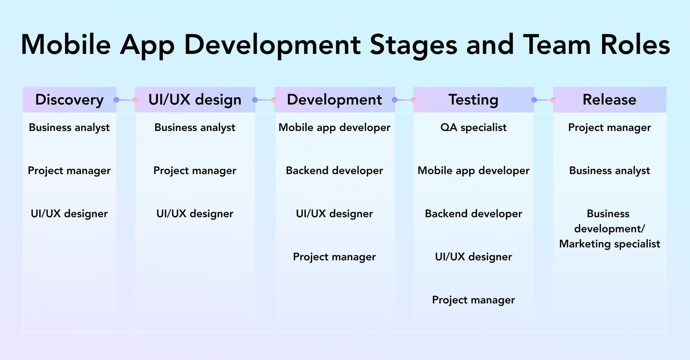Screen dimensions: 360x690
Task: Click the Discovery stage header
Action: pyautogui.click(x=69, y=100)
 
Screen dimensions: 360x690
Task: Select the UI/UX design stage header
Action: pyautogui.click(x=195, y=100)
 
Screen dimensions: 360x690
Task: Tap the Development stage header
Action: pyautogui.click(x=334, y=100)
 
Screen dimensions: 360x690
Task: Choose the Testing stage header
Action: pyautogui.click(x=474, y=100)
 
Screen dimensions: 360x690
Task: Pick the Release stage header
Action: pyautogui.click(x=609, y=100)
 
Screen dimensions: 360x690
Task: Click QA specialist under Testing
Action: pyautogui.click(x=474, y=128)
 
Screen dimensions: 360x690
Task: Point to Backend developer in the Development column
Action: pyautogui.click(x=334, y=171)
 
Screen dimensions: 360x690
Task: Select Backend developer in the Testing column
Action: pyautogui.click(x=474, y=214)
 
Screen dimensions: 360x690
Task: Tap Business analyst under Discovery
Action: pyautogui.click(x=69, y=128)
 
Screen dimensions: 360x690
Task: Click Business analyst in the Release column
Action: pyautogui.click(x=609, y=171)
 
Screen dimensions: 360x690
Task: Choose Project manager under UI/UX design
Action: pyautogui.click(x=195, y=171)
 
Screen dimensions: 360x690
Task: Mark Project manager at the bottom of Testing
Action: pyautogui.click(x=474, y=300)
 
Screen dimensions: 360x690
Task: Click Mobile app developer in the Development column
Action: pyautogui.click(x=334, y=128)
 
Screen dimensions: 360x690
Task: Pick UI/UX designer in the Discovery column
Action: pyautogui.click(x=69, y=214)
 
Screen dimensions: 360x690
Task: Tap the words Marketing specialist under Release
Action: pyautogui.click(x=609, y=244)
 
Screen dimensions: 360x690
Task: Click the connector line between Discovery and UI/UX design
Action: pyautogui.click(x=125, y=100)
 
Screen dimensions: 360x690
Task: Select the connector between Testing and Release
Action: pyautogui.click(x=543, y=100)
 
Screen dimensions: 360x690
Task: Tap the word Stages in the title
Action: pyautogui.click(x=413, y=44)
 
